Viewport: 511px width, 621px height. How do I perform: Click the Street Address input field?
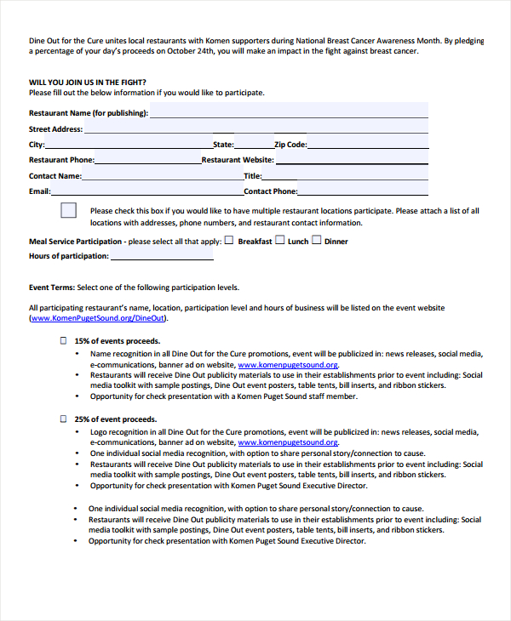pos(255,128)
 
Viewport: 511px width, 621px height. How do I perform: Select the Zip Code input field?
pos(367,144)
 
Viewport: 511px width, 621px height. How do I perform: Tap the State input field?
pos(253,144)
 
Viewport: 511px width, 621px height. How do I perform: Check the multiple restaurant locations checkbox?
pos(69,211)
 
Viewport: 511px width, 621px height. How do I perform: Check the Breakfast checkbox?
pos(229,241)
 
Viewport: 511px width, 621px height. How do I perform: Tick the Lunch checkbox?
pos(279,241)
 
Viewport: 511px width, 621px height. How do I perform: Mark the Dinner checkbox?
pos(316,241)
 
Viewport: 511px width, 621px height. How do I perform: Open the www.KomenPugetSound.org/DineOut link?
pos(98,318)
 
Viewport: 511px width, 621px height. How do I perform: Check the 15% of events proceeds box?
pos(62,340)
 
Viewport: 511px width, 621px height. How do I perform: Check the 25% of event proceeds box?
pos(62,419)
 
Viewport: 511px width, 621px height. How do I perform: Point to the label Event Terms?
pos(52,288)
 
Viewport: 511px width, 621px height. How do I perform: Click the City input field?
pos(129,144)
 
